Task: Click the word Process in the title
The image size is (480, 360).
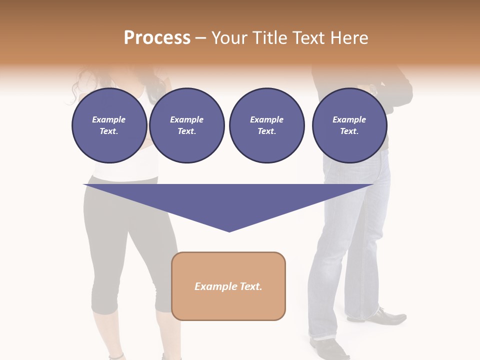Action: pyautogui.click(x=157, y=38)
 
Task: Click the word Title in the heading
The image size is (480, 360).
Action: pyautogui.click(x=268, y=38)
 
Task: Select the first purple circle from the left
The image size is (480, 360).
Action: pyautogui.click(x=109, y=125)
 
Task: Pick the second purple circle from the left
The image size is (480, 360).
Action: pyautogui.click(x=186, y=125)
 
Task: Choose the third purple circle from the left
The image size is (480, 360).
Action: pyautogui.click(x=266, y=125)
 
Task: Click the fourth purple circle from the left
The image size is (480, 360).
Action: pyautogui.click(x=349, y=125)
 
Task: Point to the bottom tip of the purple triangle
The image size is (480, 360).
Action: pyautogui.click(x=229, y=230)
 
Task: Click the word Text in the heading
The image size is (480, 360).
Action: pyautogui.click(x=306, y=38)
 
